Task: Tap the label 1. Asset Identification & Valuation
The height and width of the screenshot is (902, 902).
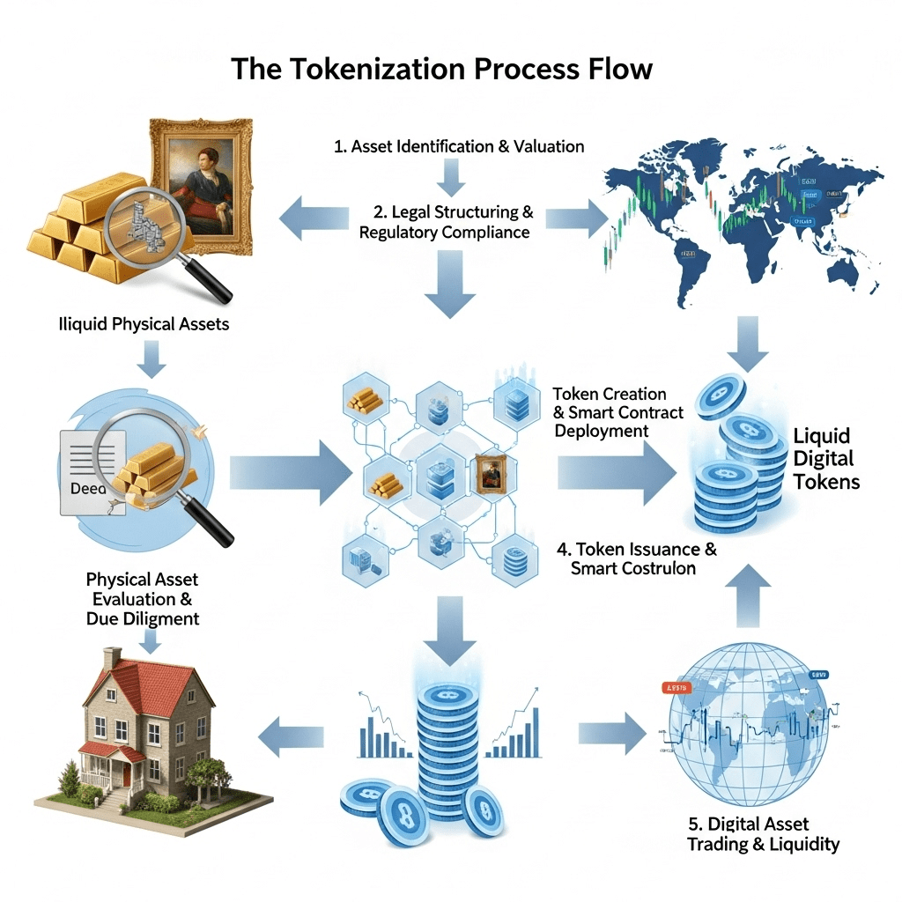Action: coord(459,146)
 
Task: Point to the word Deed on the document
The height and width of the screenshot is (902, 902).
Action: coord(85,488)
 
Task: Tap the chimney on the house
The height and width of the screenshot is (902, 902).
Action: coord(112,660)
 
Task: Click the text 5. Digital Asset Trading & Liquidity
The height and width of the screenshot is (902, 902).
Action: coord(763,834)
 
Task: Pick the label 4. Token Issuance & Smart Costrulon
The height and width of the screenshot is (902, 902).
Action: coord(638,558)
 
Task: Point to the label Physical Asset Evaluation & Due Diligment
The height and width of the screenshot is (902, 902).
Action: coord(142,599)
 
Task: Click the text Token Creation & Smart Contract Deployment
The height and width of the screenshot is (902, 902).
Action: coord(617,411)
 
